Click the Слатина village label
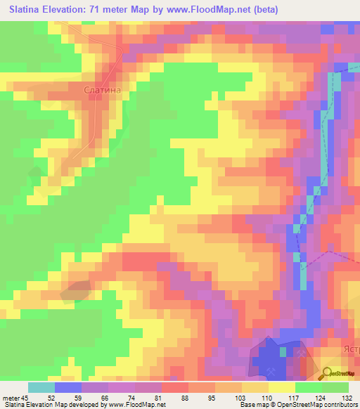click(103, 90)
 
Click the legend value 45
click(27, 397)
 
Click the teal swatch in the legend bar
click(41, 387)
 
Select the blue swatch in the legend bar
click(67, 387)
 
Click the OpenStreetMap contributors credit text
click(316, 405)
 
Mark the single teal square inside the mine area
click(283, 351)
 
